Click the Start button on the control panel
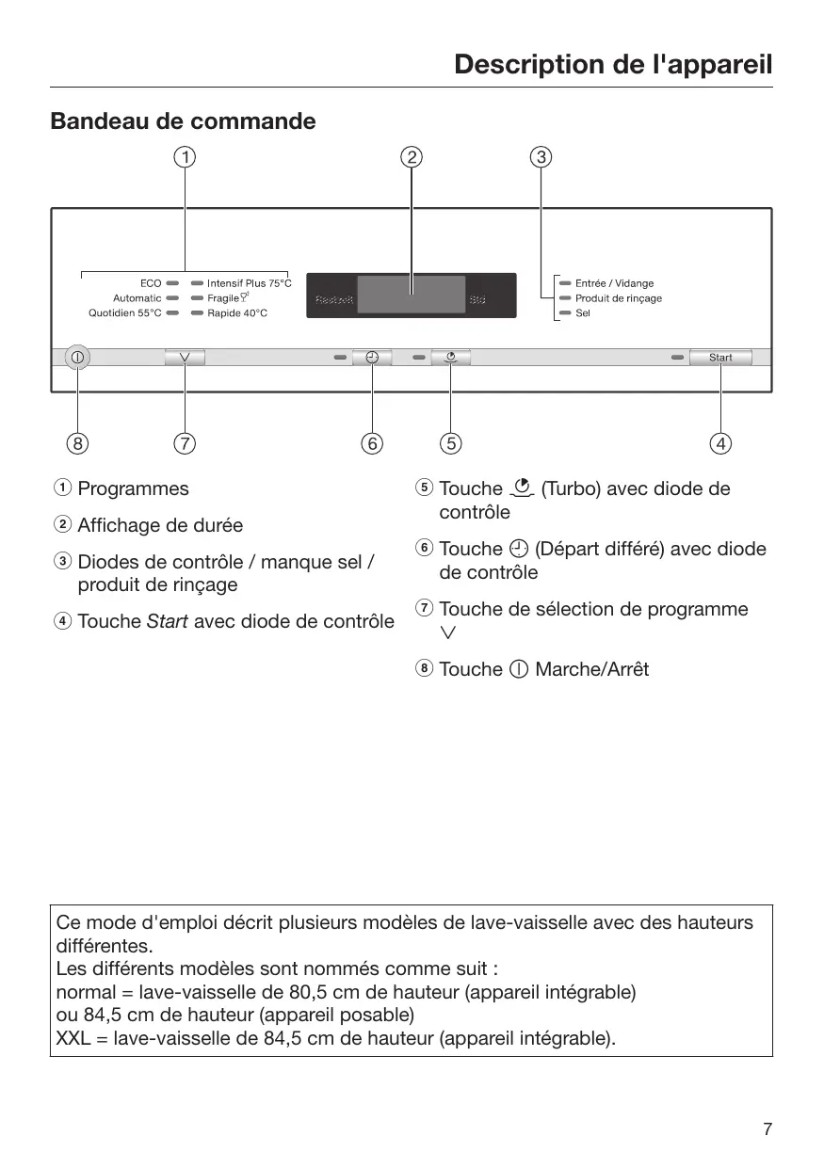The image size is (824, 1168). point(720,358)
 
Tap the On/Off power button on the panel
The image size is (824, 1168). point(77,358)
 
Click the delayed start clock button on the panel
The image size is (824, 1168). point(372,358)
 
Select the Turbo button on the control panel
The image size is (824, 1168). point(451,358)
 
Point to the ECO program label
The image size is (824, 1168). point(151,282)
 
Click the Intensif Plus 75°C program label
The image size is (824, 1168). point(250,282)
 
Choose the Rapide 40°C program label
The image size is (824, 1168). point(237,312)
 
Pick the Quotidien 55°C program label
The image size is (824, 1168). point(125,312)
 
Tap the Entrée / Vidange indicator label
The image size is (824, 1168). point(614,283)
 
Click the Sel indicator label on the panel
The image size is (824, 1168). point(583,312)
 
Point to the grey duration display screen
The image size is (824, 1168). point(412,295)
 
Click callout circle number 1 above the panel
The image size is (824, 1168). point(185,157)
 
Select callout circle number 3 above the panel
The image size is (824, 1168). point(541,157)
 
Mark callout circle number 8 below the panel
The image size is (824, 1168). point(77,442)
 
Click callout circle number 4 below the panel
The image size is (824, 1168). point(721,442)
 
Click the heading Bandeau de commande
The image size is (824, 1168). point(183,121)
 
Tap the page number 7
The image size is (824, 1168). point(767,1129)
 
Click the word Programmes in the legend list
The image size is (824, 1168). point(133,488)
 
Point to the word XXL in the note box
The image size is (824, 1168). point(73,1038)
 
